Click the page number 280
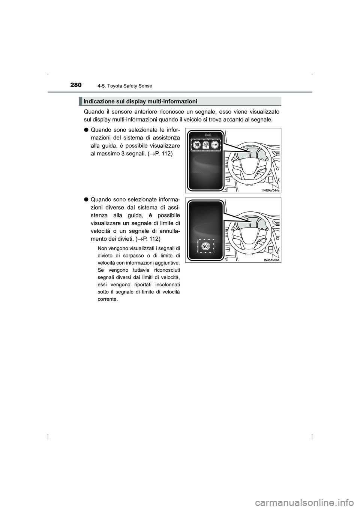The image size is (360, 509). pyautogui.click(x=75, y=85)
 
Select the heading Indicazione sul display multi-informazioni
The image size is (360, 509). pyautogui.click(x=140, y=101)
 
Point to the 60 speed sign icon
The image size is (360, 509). pyautogui.click(x=205, y=144)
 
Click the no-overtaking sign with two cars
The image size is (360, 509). pyautogui.click(x=215, y=145)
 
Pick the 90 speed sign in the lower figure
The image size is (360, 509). pyautogui.click(x=205, y=246)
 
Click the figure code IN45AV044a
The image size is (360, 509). pyautogui.click(x=271, y=190)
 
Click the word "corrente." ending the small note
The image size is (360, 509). pyautogui.click(x=107, y=299)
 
